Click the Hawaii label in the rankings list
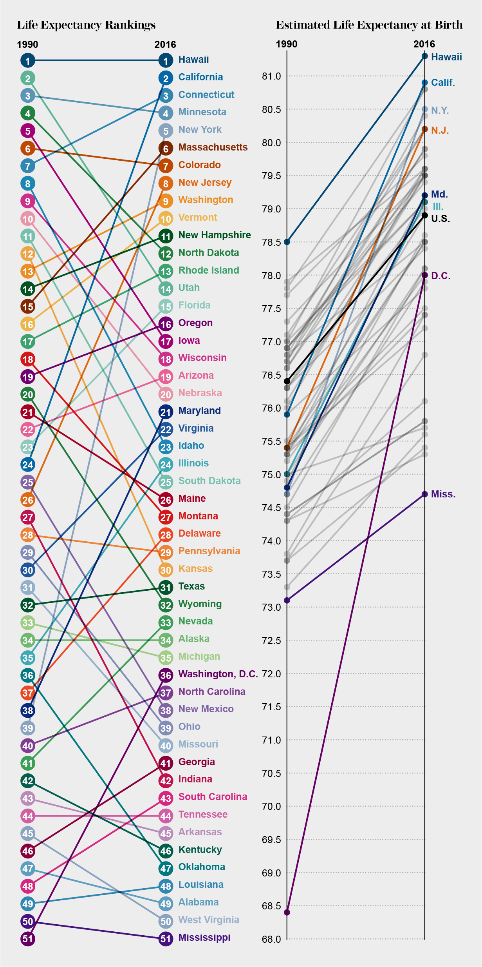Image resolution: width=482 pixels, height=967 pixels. (x=193, y=60)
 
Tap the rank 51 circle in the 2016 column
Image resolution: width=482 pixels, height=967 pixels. (x=166, y=939)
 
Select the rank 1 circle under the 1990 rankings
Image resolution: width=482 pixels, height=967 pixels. (x=28, y=60)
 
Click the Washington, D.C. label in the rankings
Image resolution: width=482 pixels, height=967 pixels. (x=218, y=674)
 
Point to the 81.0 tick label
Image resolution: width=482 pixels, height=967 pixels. (x=271, y=76)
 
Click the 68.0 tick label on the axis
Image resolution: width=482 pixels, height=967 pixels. (x=271, y=939)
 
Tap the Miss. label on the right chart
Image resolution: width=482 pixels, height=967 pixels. (x=443, y=494)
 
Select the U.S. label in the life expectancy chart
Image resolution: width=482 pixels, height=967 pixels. (x=440, y=219)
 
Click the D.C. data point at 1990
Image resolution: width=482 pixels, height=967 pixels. (x=287, y=913)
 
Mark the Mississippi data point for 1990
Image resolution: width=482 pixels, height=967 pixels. (x=287, y=600)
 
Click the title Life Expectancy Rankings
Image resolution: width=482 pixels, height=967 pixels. (x=86, y=25)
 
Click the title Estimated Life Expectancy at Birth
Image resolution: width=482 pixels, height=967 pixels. (x=369, y=25)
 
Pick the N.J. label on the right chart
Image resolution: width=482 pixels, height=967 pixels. (x=440, y=131)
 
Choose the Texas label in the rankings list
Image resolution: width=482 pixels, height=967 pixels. (x=191, y=586)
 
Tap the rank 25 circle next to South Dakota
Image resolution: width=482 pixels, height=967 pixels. (x=166, y=482)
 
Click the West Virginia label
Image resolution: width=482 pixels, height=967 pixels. (x=208, y=920)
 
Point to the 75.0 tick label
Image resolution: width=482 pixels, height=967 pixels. (x=271, y=475)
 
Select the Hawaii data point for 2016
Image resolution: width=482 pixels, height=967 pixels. (x=424, y=56)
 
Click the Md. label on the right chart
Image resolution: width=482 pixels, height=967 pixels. (x=439, y=194)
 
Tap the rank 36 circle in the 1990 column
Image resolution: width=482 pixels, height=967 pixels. (x=28, y=675)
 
